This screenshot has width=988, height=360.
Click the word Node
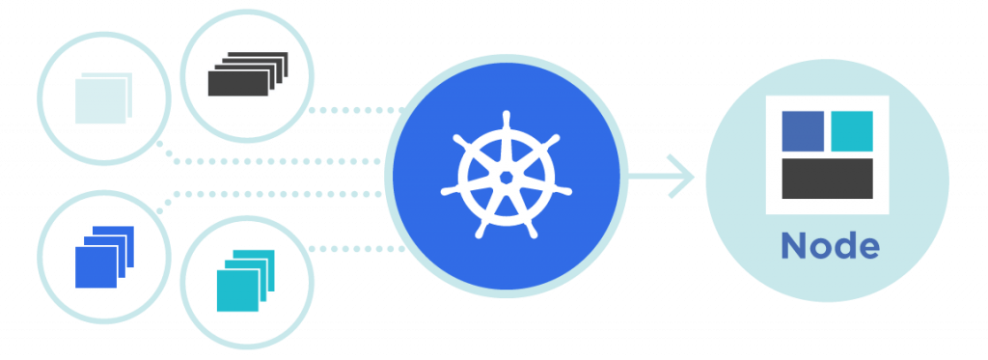[x=830, y=245]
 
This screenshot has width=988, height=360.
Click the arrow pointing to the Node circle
[x=660, y=177]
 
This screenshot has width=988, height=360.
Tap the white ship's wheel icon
[x=506, y=176]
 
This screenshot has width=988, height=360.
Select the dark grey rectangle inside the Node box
[x=827, y=179]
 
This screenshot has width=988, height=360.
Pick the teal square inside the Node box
[x=852, y=131]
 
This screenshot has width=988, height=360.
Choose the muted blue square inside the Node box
[x=803, y=131]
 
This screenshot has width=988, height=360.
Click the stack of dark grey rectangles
[x=248, y=73]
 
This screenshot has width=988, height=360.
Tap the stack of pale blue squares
[x=103, y=98]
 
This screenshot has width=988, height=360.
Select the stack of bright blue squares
[x=104, y=257]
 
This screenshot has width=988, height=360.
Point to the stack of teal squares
[x=246, y=281]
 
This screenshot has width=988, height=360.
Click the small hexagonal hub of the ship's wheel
[x=506, y=177]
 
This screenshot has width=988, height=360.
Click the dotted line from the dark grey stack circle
[x=357, y=110]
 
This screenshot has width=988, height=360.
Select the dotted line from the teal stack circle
[x=357, y=249]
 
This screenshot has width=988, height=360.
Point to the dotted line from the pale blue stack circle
[x=271, y=161]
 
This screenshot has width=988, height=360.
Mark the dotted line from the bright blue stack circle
[x=271, y=194]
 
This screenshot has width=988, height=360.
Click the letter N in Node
[x=793, y=246]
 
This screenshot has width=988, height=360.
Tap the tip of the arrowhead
[x=694, y=177]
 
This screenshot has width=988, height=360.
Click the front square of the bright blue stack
[x=96, y=267]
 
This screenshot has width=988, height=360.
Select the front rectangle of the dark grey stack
[x=238, y=83]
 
